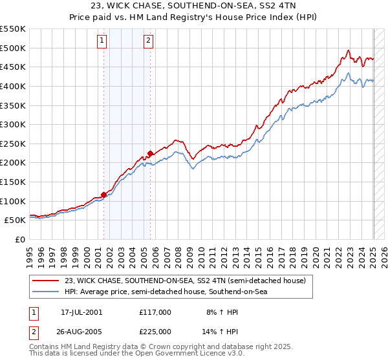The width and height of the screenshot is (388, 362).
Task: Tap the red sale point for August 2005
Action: (150, 153)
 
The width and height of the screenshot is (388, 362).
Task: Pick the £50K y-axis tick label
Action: (16, 220)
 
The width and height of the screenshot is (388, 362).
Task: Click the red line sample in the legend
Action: (46, 281)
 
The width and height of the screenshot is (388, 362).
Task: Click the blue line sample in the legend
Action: (46, 292)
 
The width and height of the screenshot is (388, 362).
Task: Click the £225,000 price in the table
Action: (155, 332)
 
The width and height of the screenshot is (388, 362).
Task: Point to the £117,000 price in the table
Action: (155, 312)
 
